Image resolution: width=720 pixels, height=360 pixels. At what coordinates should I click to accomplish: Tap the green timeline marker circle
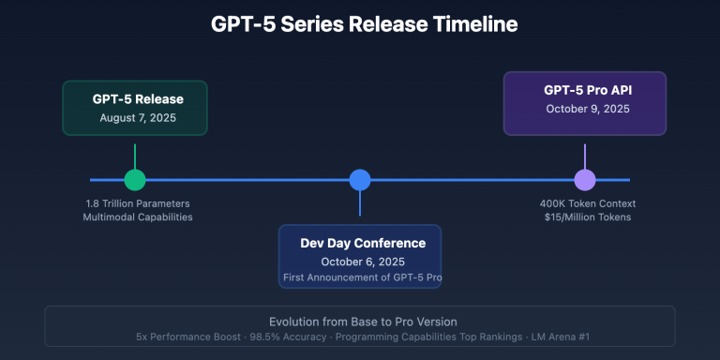(x=135, y=180)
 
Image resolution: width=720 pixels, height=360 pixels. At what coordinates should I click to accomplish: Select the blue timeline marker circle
(x=360, y=180)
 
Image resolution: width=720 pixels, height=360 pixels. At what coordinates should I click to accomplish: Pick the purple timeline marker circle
(x=585, y=180)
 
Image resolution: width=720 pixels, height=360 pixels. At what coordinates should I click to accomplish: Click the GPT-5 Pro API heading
(x=584, y=90)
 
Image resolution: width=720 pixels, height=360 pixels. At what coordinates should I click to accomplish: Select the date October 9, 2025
(x=584, y=109)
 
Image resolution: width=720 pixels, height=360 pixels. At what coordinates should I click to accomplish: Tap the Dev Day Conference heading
(x=362, y=243)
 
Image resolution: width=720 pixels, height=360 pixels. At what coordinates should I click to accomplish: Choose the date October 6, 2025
(x=362, y=262)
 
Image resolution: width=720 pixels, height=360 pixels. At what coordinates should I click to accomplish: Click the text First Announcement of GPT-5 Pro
(x=362, y=278)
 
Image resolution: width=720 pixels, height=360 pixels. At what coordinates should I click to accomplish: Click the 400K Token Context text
(x=585, y=203)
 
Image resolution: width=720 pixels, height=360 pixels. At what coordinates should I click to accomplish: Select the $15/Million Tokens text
(x=585, y=217)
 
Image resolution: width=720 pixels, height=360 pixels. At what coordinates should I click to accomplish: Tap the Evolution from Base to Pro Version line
(x=360, y=320)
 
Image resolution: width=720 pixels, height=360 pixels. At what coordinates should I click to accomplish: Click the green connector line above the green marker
(x=135, y=156)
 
